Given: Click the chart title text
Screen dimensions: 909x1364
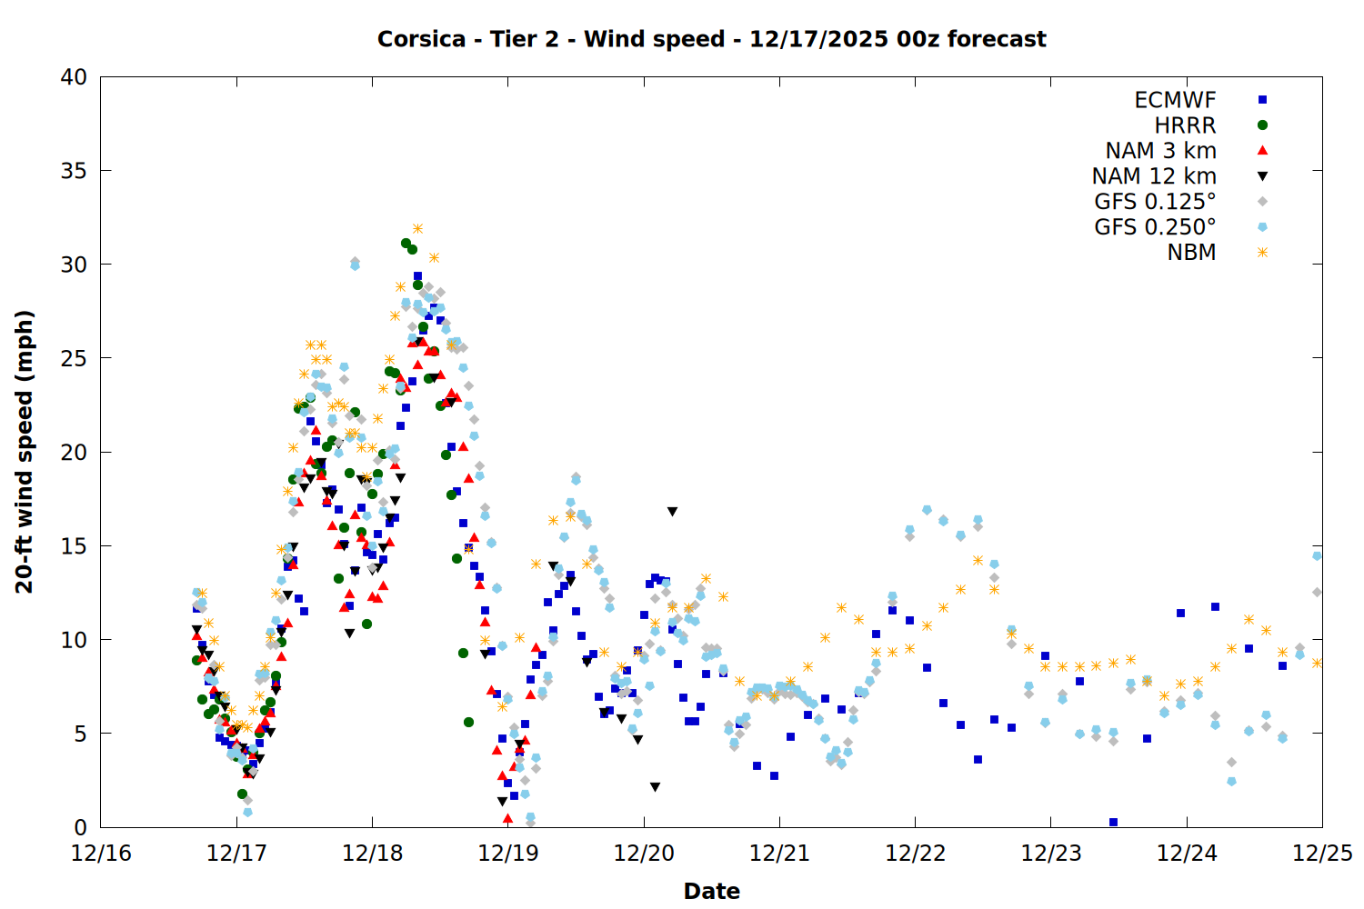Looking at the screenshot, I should (711, 39).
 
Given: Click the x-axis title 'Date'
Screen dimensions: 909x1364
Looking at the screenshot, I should (711, 891).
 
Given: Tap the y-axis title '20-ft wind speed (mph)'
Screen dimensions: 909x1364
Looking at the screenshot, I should (25, 452).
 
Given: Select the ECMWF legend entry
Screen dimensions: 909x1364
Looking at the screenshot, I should (1175, 100).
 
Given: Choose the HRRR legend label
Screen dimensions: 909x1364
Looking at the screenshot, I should (1185, 125).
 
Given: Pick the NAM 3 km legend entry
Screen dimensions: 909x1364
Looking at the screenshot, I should (1160, 151).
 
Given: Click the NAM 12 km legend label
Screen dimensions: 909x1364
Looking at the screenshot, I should (1154, 176).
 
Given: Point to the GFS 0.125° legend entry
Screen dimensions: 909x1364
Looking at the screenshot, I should (1155, 202).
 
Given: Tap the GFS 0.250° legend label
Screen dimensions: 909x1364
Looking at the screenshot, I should (1155, 227).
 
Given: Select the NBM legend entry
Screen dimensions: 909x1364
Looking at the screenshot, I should (1191, 253).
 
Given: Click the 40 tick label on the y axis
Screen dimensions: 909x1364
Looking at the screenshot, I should (74, 77).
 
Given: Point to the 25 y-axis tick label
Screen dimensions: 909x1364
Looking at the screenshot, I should (74, 358).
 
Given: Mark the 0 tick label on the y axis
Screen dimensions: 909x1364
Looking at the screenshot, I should (81, 827).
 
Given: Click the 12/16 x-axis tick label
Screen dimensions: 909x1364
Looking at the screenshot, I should (101, 854).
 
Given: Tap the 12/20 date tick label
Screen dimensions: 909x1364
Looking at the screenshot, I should (644, 854).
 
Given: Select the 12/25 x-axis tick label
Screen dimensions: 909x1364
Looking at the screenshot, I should (1322, 854).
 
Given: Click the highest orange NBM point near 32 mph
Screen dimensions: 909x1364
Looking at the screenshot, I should (417, 228).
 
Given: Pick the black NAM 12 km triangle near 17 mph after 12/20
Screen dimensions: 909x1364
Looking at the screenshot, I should (672, 512).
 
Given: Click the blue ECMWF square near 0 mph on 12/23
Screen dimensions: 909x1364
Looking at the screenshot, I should (1113, 822).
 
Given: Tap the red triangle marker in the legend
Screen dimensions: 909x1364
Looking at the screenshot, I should (1262, 151).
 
